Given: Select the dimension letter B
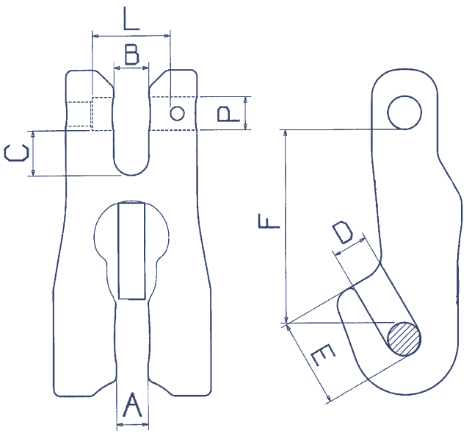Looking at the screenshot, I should click(x=131, y=54).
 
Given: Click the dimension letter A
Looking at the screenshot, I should click(x=132, y=405).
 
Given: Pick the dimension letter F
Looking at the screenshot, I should click(x=269, y=220).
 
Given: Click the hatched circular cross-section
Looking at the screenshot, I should click(x=404, y=339).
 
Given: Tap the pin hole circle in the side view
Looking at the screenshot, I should click(x=404, y=112).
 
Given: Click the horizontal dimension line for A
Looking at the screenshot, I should click(x=132, y=424).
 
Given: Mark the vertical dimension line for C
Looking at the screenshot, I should click(x=33, y=154).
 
